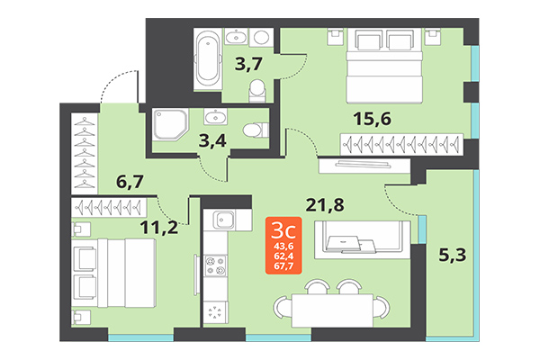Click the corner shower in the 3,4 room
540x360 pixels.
click(169, 125)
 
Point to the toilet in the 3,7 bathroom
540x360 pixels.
click(258, 88)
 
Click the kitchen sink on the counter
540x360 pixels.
click(222, 220)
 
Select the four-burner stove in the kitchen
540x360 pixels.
click(217, 267)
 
